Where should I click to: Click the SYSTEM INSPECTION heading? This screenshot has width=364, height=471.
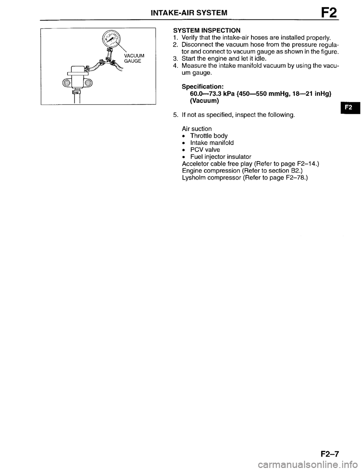click(206, 30)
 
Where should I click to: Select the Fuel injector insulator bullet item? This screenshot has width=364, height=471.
click(221, 156)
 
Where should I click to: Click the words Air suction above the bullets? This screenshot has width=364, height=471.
click(197, 129)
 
